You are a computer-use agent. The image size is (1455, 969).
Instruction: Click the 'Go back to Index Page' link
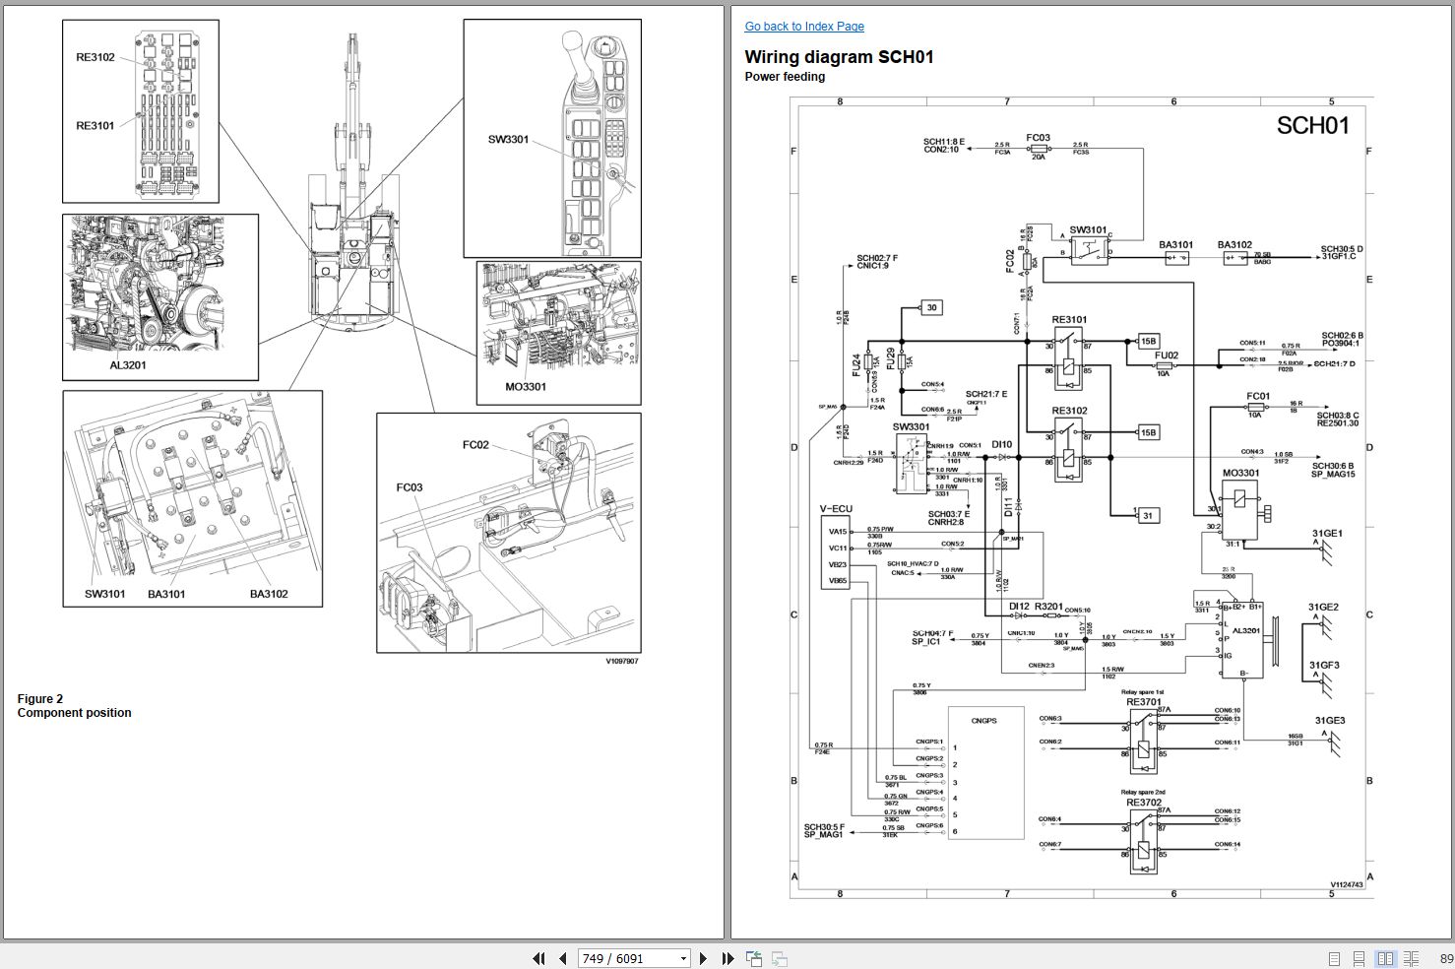pyautogui.click(x=804, y=27)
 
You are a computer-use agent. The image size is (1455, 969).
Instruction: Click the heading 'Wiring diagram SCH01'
pyautogui.click(x=839, y=57)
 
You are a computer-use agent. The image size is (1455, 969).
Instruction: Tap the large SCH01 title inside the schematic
pyautogui.click(x=1312, y=126)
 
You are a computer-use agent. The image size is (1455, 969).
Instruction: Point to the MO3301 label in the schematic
pyautogui.click(x=1240, y=473)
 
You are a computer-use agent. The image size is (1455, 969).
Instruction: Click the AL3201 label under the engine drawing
pyautogui.click(x=128, y=365)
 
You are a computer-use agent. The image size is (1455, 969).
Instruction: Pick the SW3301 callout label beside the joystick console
pyautogui.click(x=508, y=139)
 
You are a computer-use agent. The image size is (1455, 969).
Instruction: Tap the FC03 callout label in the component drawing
pyautogui.click(x=410, y=487)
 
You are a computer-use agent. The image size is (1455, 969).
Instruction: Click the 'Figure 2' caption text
pyautogui.click(x=40, y=699)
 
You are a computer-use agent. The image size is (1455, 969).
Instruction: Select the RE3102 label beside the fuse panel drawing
pyautogui.click(x=95, y=57)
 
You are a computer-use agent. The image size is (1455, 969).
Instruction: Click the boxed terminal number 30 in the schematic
pyautogui.click(x=931, y=307)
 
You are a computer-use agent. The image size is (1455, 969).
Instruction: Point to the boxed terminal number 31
pyautogui.click(x=1147, y=515)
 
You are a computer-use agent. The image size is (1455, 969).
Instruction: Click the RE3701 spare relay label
pyautogui.click(x=1143, y=702)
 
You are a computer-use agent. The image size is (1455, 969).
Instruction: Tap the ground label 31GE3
pyautogui.click(x=1329, y=721)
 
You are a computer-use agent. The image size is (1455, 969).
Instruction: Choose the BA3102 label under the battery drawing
pyautogui.click(x=269, y=594)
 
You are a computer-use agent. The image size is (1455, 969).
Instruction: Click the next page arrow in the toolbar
pyautogui.click(x=703, y=958)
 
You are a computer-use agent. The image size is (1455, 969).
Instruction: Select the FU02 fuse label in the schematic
pyautogui.click(x=1166, y=355)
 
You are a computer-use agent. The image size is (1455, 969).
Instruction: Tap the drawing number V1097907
pyautogui.click(x=621, y=661)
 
